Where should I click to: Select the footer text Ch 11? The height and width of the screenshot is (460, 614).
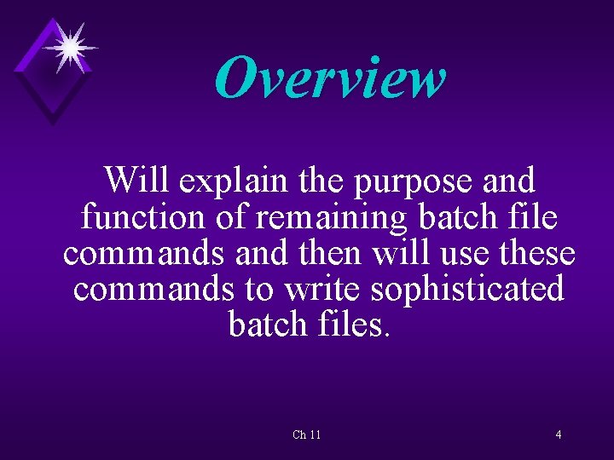(307, 435)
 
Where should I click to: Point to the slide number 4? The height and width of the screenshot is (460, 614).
(559, 435)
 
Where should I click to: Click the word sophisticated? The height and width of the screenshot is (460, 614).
(468, 289)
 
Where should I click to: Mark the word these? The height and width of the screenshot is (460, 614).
(535, 253)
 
